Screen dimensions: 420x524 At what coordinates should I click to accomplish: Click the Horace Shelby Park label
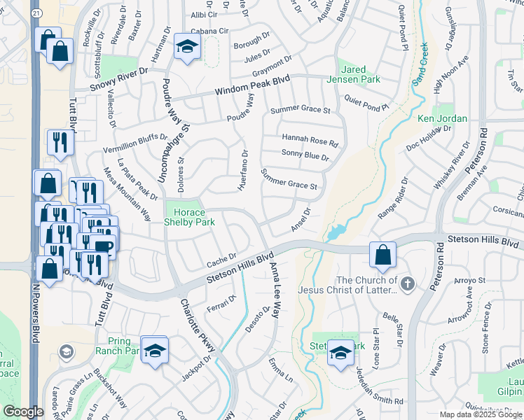point(190,217)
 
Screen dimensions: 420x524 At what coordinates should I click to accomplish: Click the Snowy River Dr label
point(119,78)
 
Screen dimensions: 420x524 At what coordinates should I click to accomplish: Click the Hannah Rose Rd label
point(310,140)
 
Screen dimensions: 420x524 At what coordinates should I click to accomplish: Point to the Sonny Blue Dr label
point(305,155)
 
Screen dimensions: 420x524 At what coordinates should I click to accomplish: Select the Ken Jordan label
point(442,118)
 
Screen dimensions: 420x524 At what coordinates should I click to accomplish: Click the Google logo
point(23,412)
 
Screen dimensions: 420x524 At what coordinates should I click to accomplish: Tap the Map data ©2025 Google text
point(481,414)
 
